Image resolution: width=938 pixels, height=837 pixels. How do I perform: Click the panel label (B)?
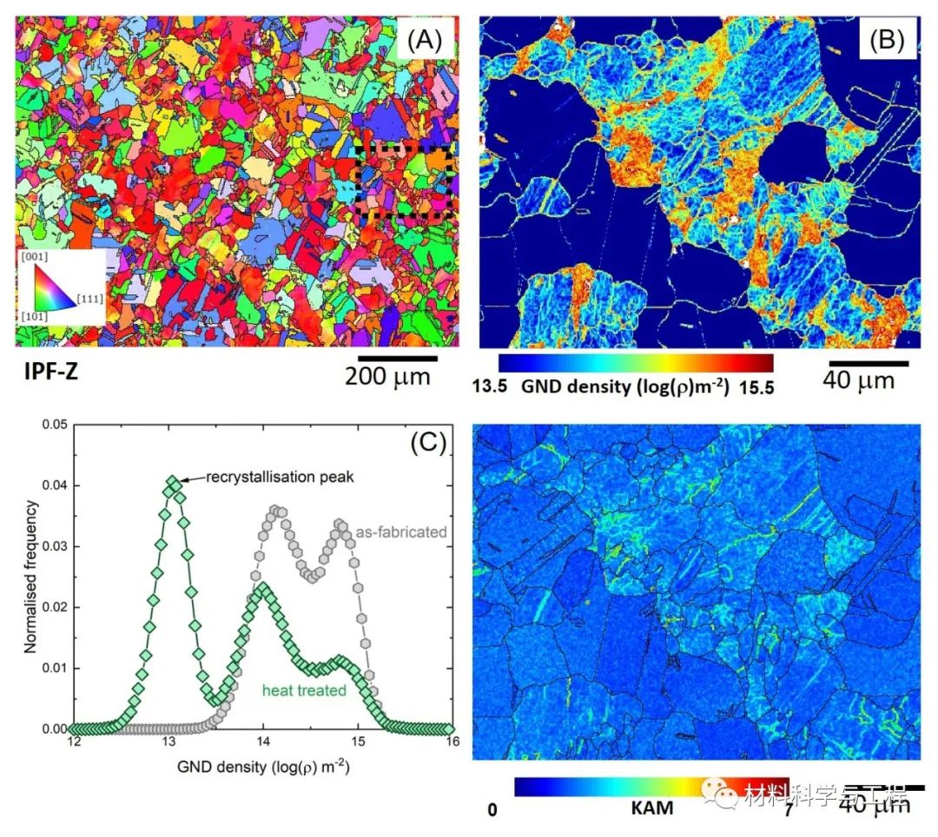(x=882, y=39)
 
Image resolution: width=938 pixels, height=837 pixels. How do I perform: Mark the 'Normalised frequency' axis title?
(x=29, y=576)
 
